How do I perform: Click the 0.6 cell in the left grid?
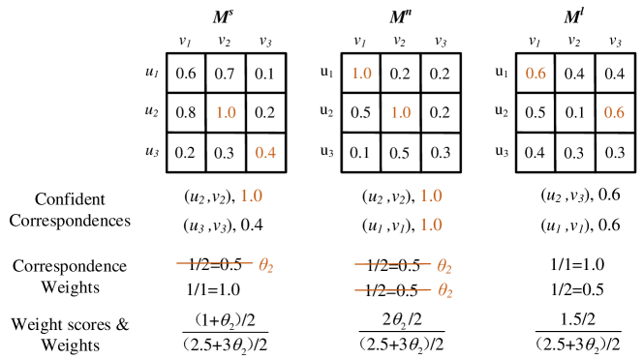pyautogui.click(x=186, y=74)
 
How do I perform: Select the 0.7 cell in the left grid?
pyautogui.click(x=225, y=74)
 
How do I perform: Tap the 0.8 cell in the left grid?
pyautogui.click(x=186, y=112)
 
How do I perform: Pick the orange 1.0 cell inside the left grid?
pyautogui.click(x=225, y=112)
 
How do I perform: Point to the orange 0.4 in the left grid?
pyautogui.click(x=264, y=152)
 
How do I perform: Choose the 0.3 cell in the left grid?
pyautogui.click(x=225, y=152)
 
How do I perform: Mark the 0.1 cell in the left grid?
pyautogui.click(x=264, y=74)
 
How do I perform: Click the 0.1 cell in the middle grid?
pyautogui.click(x=361, y=152)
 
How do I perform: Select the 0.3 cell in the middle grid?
pyautogui.click(x=440, y=152)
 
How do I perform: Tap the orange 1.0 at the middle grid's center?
pyautogui.click(x=400, y=112)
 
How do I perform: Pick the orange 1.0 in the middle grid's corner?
pyautogui.click(x=361, y=74)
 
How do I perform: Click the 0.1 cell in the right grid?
pyautogui.click(x=574, y=112)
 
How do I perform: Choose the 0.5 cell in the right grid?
pyautogui.click(x=536, y=112)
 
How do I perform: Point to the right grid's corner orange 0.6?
pyautogui.click(x=536, y=74)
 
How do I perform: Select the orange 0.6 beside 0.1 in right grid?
pyautogui.click(x=614, y=112)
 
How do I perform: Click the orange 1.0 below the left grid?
pyautogui.click(x=251, y=195)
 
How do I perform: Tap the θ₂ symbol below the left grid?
pyautogui.click(x=266, y=264)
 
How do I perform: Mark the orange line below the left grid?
pyautogui.click(x=214, y=263)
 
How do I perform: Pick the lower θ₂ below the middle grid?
pyautogui.click(x=445, y=291)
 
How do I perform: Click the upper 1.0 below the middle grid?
pyautogui.click(x=431, y=195)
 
